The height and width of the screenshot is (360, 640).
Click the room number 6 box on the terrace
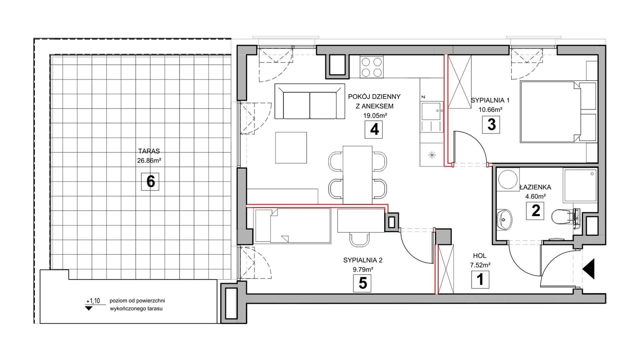(x=150, y=181)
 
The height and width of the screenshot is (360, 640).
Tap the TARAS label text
(x=149, y=151)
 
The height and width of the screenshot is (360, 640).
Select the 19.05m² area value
(x=375, y=116)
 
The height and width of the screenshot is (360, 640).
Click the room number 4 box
(x=374, y=129)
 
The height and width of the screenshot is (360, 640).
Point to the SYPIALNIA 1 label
(x=490, y=100)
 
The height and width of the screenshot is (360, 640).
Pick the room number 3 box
(x=491, y=124)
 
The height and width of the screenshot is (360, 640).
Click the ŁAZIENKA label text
(x=535, y=187)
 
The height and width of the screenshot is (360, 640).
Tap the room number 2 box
(x=535, y=211)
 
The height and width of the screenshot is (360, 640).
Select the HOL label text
(x=480, y=256)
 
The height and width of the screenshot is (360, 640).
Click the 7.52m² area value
(x=480, y=265)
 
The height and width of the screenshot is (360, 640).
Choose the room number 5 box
(x=362, y=283)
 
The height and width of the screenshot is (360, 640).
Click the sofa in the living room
(x=310, y=101)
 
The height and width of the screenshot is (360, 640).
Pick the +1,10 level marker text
(x=93, y=301)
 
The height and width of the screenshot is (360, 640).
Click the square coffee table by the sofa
(x=291, y=148)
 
